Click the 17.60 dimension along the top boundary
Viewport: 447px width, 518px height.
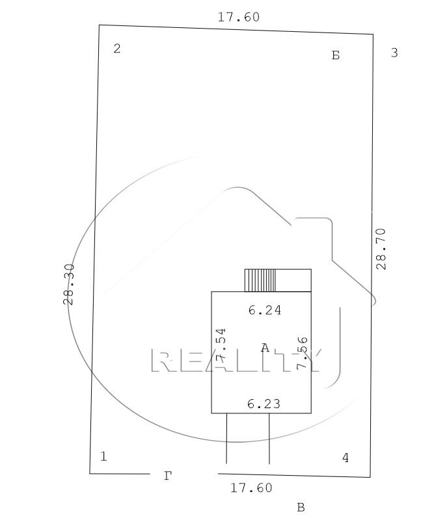point(238,17)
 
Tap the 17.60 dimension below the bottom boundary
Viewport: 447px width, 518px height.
point(251,488)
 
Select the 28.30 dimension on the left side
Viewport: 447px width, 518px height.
point(69,284)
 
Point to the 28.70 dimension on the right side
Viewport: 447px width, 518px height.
point(381,249)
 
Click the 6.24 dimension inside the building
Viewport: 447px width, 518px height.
point(265,310)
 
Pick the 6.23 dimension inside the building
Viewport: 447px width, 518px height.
point(264,404)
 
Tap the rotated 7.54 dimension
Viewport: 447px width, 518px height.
point(221,344)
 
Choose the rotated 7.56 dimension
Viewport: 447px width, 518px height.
point(302,353)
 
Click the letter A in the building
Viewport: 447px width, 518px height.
point(265,348)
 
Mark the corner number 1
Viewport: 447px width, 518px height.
point(103,456)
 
